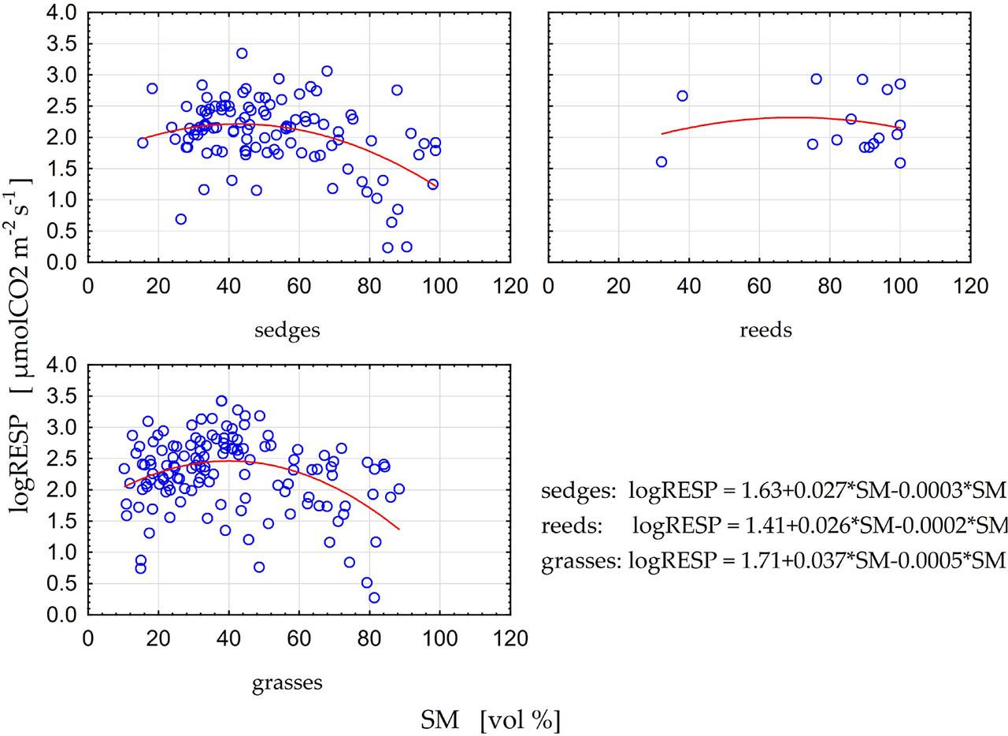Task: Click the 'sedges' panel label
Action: coord(287,330)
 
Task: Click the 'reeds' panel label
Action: coord(765,330)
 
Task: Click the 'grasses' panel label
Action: coord(287,682)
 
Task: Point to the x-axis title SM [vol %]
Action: coord(491,719)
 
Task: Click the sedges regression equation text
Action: coord(774,491)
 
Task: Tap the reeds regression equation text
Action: coord(774,525)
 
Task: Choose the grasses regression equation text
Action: coord(774,560)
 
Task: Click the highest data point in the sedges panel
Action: coord(242,54)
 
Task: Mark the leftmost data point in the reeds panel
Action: coord(661,162)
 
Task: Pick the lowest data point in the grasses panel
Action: coord(374,598)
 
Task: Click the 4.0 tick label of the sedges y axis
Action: coord(61,13)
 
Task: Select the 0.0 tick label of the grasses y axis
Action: coord(61,615)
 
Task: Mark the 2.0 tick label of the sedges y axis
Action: coord(61,138)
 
